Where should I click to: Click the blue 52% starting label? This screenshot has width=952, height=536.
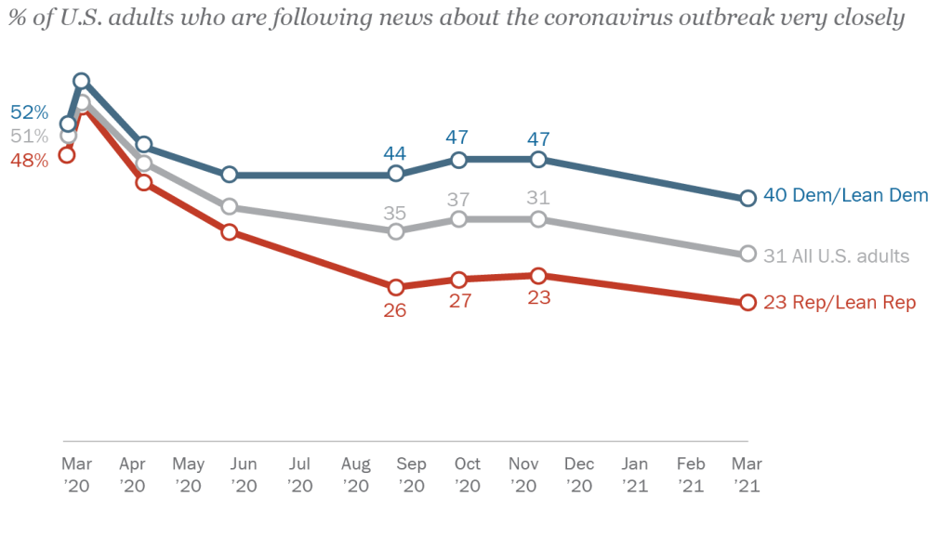tap(29, 112)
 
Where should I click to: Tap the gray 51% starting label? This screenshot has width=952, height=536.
tap(29, 137)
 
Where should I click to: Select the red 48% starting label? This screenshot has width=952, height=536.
tap(29, 161)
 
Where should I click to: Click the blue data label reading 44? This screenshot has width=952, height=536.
tap(396, 152)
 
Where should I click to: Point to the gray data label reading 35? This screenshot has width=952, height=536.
tap(396, 212)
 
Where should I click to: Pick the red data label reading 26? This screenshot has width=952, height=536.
tap(396, 310)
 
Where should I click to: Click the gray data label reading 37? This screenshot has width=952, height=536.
tap(457, 199)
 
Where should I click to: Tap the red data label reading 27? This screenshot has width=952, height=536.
tap(457, 301)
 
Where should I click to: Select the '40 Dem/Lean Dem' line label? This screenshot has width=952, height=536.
tap(845, 195)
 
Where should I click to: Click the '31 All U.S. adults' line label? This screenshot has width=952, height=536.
tap(836, 255)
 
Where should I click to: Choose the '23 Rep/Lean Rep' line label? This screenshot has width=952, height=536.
tap(840, 303)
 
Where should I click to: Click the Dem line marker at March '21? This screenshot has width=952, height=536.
tap(747, 198)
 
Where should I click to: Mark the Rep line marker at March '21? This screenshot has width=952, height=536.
tap(747, 303)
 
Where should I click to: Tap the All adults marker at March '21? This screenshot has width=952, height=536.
tap(747, 254)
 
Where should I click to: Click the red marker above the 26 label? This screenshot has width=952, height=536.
tap(396, 287)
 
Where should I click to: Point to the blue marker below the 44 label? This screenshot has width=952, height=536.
tap(396, 175)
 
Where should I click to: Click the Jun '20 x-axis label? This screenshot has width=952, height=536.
tap(244, 474)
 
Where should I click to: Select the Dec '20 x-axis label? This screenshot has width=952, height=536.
tap(579, 474)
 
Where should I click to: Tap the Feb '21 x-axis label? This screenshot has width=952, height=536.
tap(691, 474)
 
